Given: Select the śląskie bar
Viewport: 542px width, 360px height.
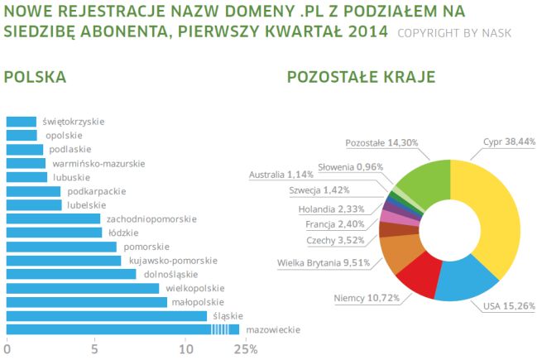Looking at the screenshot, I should point(106,316).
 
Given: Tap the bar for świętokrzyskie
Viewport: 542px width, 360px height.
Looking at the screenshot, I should point(22,122).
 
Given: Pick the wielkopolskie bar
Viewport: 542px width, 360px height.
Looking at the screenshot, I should point(83,288).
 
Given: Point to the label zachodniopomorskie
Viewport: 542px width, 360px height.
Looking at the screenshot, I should point(152,219).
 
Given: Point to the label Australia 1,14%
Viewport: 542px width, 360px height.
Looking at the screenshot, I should point(282,175).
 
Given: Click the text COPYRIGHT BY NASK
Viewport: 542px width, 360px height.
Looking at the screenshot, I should point(454,34).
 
